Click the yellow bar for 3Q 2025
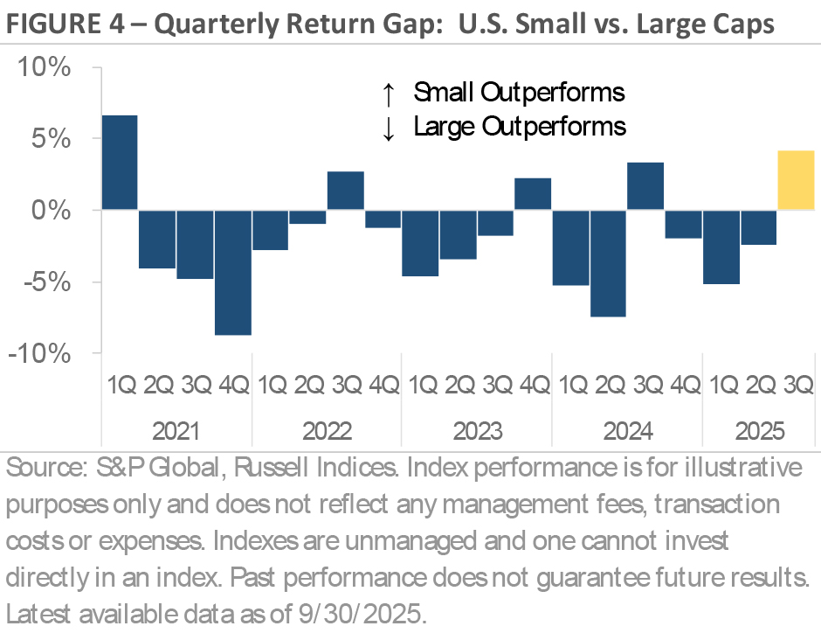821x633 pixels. pos(796,180)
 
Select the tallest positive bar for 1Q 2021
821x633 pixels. pos(120,163)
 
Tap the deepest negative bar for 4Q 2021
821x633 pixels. pos(232,272)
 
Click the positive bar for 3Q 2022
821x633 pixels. pos(345,191)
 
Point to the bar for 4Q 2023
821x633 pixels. pos(533,194)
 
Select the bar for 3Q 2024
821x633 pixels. pos(645,186)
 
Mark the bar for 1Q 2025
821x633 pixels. pos(721,247)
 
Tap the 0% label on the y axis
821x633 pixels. pos(52,211)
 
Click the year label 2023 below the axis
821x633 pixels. pos(477,431)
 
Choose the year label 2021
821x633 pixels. pos(176,431)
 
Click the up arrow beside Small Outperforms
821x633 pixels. pos(390,93)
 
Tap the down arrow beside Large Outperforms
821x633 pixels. pos(390,127)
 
